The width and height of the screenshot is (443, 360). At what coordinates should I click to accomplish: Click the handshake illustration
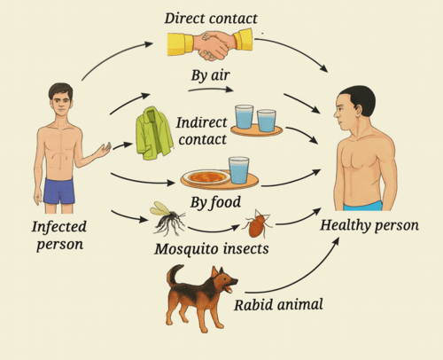coord(210,44)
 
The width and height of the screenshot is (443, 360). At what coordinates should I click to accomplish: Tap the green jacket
coord(154,133)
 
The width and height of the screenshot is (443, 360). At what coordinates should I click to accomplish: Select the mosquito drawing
coord(167,219)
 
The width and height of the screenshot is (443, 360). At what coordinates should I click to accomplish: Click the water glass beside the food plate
coord(238,170)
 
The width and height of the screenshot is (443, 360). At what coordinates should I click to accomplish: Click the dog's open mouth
coord(229,287)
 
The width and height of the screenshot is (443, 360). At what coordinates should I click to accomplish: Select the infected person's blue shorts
coord(59,192)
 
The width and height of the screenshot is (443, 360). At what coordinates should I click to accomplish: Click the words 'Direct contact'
coord(211,19)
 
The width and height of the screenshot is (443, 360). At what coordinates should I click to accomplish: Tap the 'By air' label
coord(210,75)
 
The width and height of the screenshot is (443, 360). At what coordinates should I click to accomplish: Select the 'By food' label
coord(215,203)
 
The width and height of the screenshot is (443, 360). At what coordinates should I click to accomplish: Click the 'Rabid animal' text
coord(278,305)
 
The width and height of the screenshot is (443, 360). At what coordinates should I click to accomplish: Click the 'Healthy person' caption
coord(369,225)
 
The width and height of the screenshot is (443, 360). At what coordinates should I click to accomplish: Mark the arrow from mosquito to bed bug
coord(214,230)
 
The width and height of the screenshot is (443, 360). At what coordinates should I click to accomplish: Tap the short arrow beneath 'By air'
coord(211,89)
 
